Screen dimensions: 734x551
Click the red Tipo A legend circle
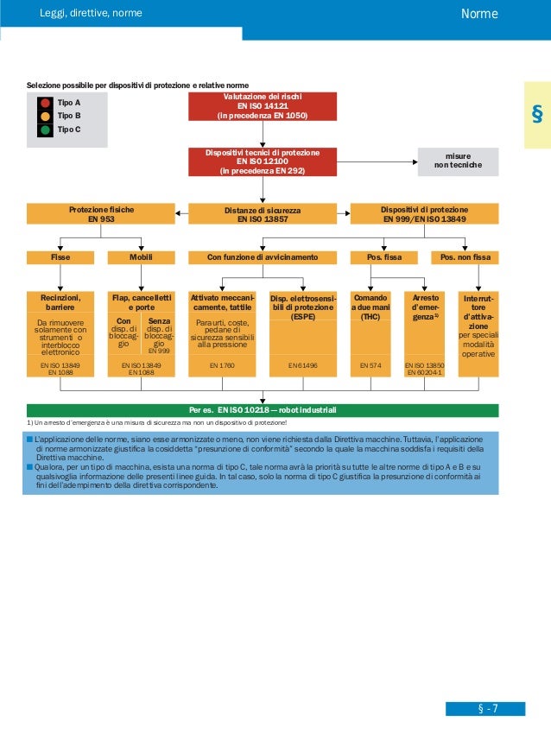[x=45, y=102]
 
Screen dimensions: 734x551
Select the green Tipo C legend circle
[x=45, y=130]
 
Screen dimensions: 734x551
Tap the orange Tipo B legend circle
[x=45, y=116]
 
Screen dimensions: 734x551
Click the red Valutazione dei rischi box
[x=262, y=106]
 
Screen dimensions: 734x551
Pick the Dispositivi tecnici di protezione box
[x=262, y=161]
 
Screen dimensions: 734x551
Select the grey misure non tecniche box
[x=458, y=161]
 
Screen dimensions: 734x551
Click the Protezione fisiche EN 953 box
[x=101, y=214]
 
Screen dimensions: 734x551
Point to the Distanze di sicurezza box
[x=262, y=214]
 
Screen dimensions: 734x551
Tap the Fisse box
[x=60, y=256]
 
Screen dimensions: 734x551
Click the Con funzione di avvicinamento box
[x=262, y=256]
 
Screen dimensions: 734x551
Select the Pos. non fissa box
[x=465, y=256]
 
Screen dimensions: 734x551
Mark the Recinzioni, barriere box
[x=60, y=302]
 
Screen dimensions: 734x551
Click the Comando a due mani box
[x=370, y=307]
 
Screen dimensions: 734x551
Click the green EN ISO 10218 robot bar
[x=262, y=409]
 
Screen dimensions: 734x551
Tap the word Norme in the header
[x=479, y=14]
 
